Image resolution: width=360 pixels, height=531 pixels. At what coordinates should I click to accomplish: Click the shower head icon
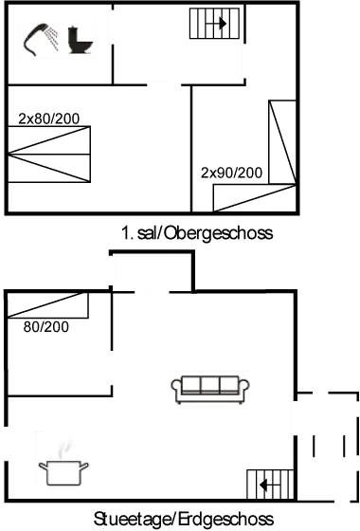(x=39, y=39)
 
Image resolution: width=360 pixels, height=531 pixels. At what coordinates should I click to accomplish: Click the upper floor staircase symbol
(x=211, y=22)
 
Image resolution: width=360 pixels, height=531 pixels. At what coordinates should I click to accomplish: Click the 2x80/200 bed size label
(x=48, y=119)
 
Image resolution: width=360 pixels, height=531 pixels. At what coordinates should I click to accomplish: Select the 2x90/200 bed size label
(x=231, y=173)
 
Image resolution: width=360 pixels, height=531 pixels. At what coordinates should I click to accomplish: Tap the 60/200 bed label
(x=45, y=326)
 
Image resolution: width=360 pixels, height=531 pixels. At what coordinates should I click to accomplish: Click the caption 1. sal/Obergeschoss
(x=197, y=232)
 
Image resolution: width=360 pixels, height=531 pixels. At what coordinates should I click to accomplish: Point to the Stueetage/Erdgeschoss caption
(x=183, y=520)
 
